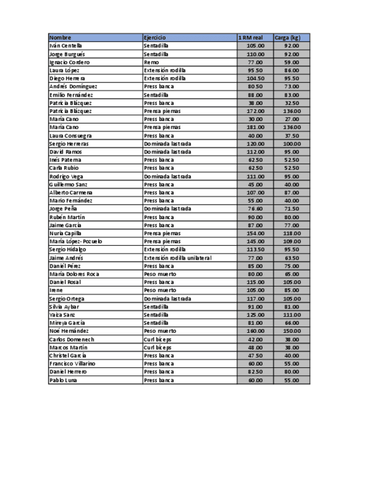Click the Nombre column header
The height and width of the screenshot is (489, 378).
pyautogui.click(x=61, y=37)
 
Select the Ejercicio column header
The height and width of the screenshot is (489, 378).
pyautogui.click(x=155, y=37)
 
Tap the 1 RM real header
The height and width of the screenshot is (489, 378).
pyautogui.click(x=250, y=37)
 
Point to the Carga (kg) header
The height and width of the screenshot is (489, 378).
pyautogui.click(x=287, y=37)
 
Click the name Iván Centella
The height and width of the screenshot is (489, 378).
pyautogui.click(x=66, y=46)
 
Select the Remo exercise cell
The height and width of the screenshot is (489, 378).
pyautogui.click(x=151, y=62)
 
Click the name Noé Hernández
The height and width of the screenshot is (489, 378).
pyautogui.click(x=69, y=331)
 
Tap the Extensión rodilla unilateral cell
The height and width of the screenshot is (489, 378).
pyautogui.click(x=178, y=258)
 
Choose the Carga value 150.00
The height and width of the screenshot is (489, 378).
pyautogui.click(x=291, y=331)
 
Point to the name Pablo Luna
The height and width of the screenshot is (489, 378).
pyautogui.click(x=63, y=380)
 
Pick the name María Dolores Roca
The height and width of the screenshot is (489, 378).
pyautogui.click(x=74, y=274)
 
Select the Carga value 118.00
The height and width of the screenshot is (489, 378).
pyautogui.click(x=291, y=233)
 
